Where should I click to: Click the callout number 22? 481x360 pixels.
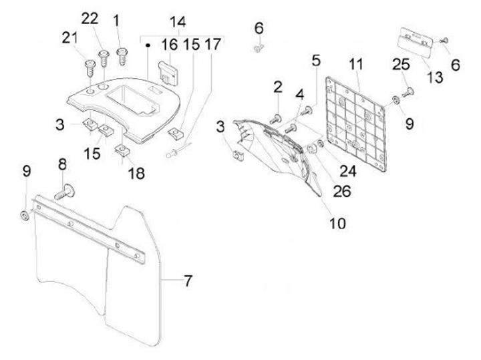coord(90,19)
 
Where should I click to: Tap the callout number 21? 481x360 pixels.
coord(70,38)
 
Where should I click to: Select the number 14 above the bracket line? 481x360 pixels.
coord(178,22)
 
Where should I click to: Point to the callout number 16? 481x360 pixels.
coord(170,45)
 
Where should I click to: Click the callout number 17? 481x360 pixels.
coord(212,45)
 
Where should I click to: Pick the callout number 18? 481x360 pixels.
coord(136,173)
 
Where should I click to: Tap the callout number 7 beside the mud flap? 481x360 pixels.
coord(188,281)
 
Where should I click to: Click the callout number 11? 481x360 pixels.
coord(356,64)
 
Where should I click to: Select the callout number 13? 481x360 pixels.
coord(435,77)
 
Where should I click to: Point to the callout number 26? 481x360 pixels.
coord(342,192)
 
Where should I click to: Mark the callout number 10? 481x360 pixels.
coord(337,223)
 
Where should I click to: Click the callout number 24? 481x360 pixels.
coord(348,171)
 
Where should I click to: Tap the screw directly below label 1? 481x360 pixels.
coord(122,56)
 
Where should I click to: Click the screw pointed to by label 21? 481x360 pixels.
coord(90,69)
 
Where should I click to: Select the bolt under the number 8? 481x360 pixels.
coord(65,192)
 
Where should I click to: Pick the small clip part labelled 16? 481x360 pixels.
coord(168,73)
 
